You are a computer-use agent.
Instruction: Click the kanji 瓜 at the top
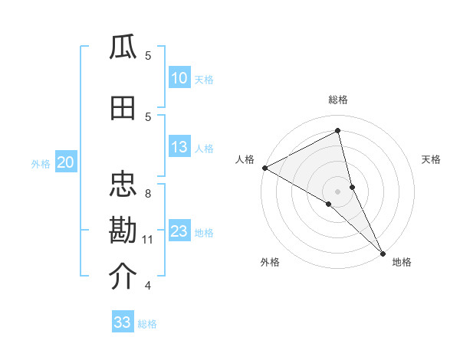123,47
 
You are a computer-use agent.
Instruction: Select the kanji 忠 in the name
123,185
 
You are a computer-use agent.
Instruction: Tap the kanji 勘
123,231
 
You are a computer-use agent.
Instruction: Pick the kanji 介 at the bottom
123,277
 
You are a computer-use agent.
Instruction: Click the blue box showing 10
179,78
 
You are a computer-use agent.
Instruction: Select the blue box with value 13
179,147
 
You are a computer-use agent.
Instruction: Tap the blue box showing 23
179,231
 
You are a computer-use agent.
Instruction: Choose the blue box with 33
123,322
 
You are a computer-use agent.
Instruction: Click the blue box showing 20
65,162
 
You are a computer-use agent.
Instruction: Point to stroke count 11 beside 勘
148,240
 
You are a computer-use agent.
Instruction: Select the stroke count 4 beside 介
148,286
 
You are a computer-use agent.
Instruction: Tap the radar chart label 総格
338,100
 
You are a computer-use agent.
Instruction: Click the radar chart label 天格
431,159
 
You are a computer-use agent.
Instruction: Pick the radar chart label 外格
270,262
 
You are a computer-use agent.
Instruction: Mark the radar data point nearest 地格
383,252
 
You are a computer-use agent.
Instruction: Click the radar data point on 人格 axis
264,168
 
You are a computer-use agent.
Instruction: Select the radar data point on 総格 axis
338,130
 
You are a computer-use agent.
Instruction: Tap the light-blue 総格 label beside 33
147,324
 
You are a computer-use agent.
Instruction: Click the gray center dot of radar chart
338,190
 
